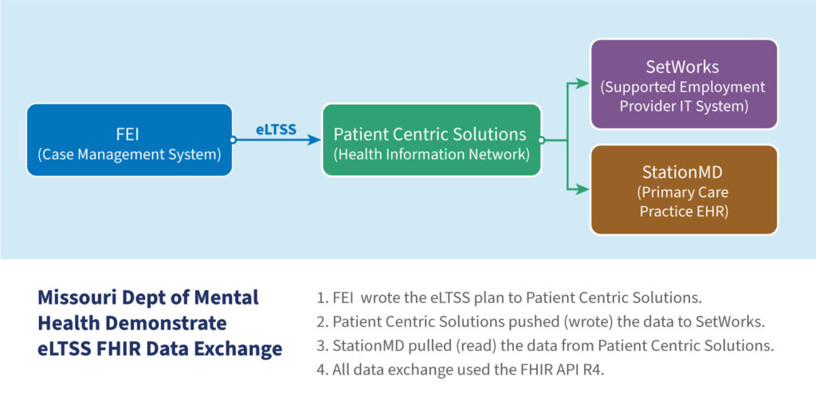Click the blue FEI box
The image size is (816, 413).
[x=129, y=140]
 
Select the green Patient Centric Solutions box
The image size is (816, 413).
[x=431, y=140]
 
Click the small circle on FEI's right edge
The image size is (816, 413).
[x=233, y=140]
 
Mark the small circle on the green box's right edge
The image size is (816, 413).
[x=541, y=140]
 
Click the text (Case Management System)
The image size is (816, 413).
[x=129, y=155]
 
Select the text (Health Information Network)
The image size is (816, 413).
[x=431, y=155]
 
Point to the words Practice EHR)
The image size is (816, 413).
[x=683, y=210]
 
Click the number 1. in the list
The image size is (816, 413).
[x=322, y=299]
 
